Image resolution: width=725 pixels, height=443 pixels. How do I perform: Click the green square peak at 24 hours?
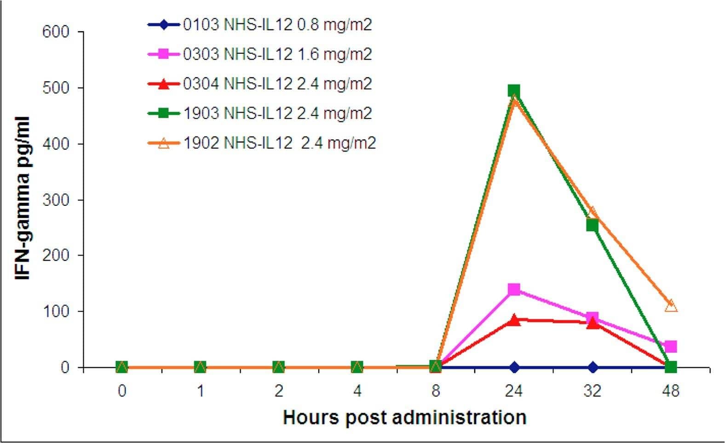point(514,91)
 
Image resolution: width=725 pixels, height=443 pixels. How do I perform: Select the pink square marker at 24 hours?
point(514,290)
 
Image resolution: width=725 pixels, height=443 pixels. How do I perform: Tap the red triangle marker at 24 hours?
point(514,320)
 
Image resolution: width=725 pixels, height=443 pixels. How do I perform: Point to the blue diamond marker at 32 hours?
point(593,367)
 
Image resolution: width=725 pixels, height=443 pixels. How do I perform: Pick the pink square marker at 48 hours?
point(671,346)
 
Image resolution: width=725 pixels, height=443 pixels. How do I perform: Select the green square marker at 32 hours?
point(592,225)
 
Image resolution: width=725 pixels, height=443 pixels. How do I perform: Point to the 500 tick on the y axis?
point(56,88)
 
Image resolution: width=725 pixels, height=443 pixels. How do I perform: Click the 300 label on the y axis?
point(56,200)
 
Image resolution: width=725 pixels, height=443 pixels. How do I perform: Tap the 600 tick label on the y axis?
point(56,32)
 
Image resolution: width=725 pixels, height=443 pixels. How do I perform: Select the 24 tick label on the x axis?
point(514,392)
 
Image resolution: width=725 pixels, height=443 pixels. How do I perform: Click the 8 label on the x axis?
point(436,392)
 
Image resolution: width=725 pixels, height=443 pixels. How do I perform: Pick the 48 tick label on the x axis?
point(671,392)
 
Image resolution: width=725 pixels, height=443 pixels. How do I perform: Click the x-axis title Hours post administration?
point(404,418)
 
